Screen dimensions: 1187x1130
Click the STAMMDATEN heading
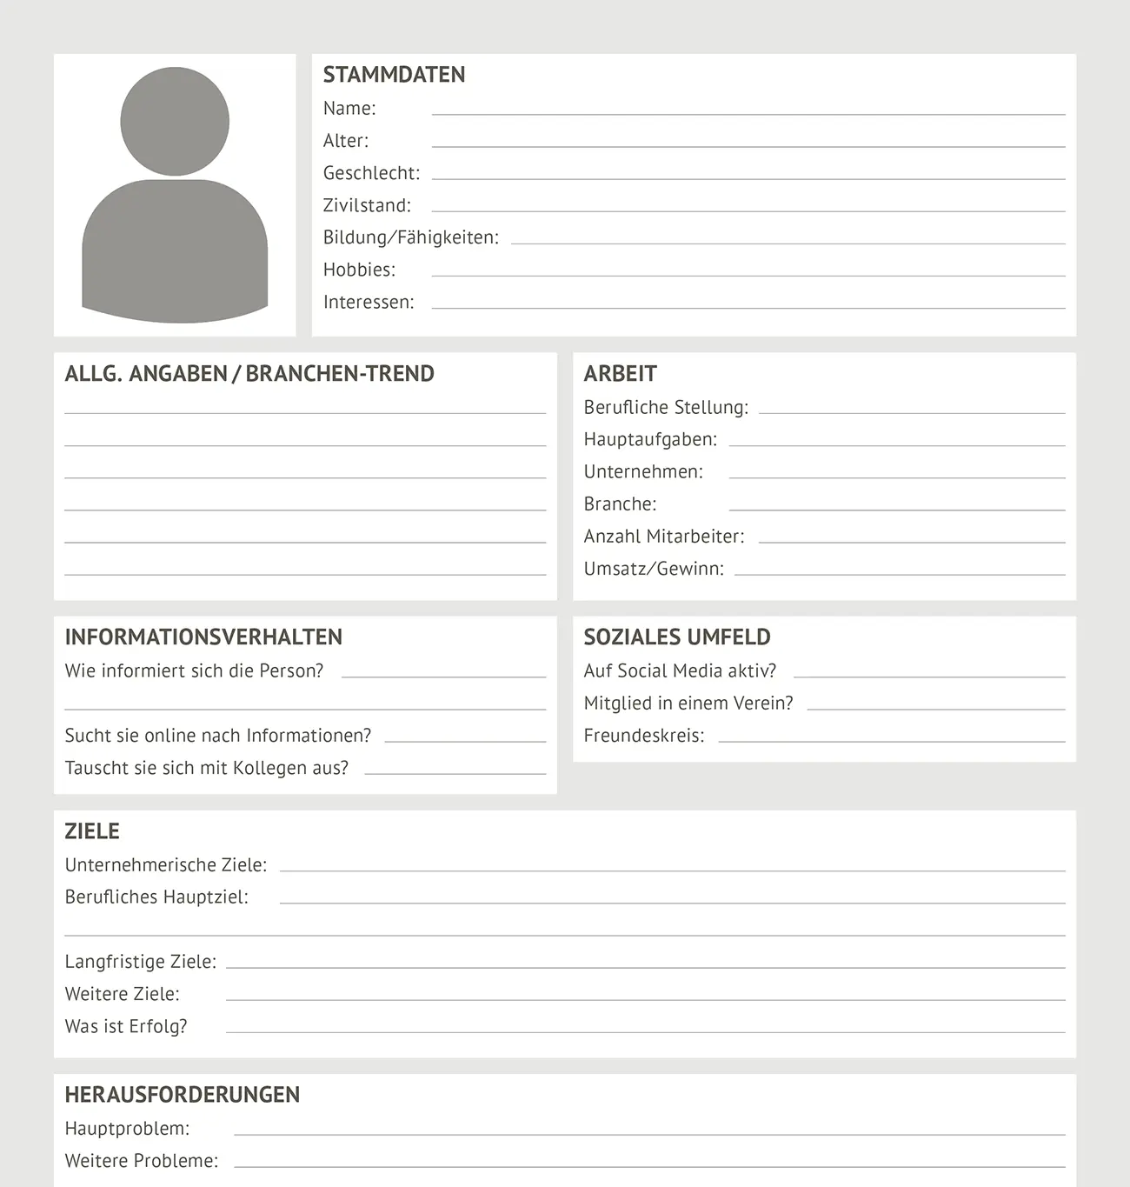(394, 75)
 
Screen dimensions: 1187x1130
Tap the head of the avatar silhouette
(175, 121)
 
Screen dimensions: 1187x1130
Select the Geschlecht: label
(371, 173)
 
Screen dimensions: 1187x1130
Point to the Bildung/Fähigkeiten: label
(411, 237)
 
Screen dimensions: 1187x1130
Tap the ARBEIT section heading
(620, 374)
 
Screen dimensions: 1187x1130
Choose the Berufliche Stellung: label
(666, 407)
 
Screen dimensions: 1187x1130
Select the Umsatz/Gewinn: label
(654, 569)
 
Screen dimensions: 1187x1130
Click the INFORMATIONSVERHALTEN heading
(203, 637)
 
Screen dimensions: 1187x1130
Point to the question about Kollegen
(207, 768)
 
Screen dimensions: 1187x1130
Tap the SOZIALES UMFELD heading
(677, 637)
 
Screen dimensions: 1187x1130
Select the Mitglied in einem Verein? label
(688, 703)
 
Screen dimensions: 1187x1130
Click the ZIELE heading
(92, 831)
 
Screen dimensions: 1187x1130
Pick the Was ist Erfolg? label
(126, 1026)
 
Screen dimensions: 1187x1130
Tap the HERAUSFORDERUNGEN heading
(183, 1095)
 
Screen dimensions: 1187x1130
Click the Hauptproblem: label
(127, 1129)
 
